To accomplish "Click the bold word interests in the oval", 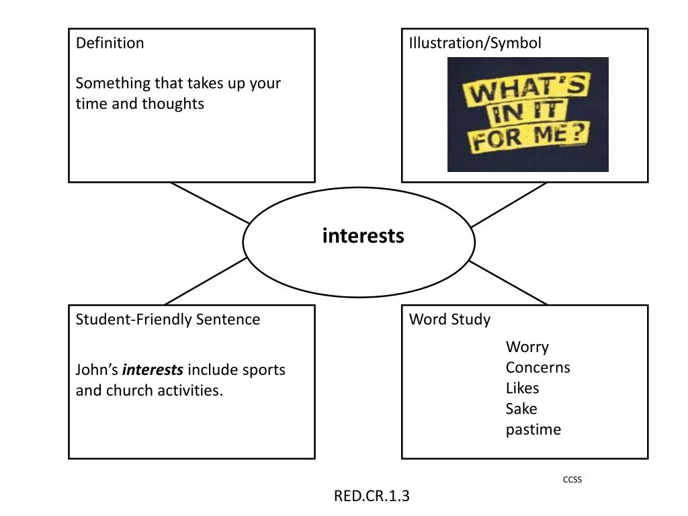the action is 363,236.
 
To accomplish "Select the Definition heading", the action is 110,43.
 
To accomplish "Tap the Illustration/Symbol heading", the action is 475,43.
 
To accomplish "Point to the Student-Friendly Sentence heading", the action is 167,319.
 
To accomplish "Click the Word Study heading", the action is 449,319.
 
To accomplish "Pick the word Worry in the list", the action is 527,347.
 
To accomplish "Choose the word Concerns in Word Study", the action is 538,368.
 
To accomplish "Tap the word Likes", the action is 522,388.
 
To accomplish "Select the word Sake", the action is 521,408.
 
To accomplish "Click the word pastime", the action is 533,429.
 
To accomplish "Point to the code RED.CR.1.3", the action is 372,496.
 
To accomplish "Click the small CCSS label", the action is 572,480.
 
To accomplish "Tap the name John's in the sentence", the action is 97,370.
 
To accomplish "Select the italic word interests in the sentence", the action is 153,370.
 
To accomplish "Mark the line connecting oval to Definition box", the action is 210,203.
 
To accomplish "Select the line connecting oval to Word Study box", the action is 508,283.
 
